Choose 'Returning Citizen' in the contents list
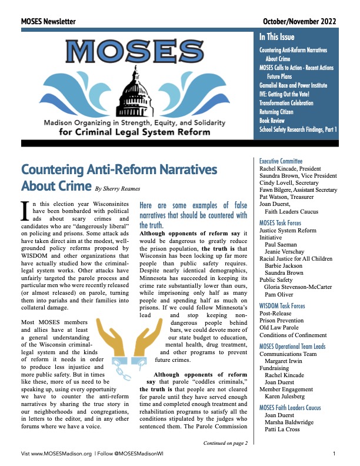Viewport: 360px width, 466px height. click(x=281, y=111)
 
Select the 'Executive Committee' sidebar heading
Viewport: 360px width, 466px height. click(x=281, y=161)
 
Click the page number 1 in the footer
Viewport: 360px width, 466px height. click(x=334, y=454)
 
